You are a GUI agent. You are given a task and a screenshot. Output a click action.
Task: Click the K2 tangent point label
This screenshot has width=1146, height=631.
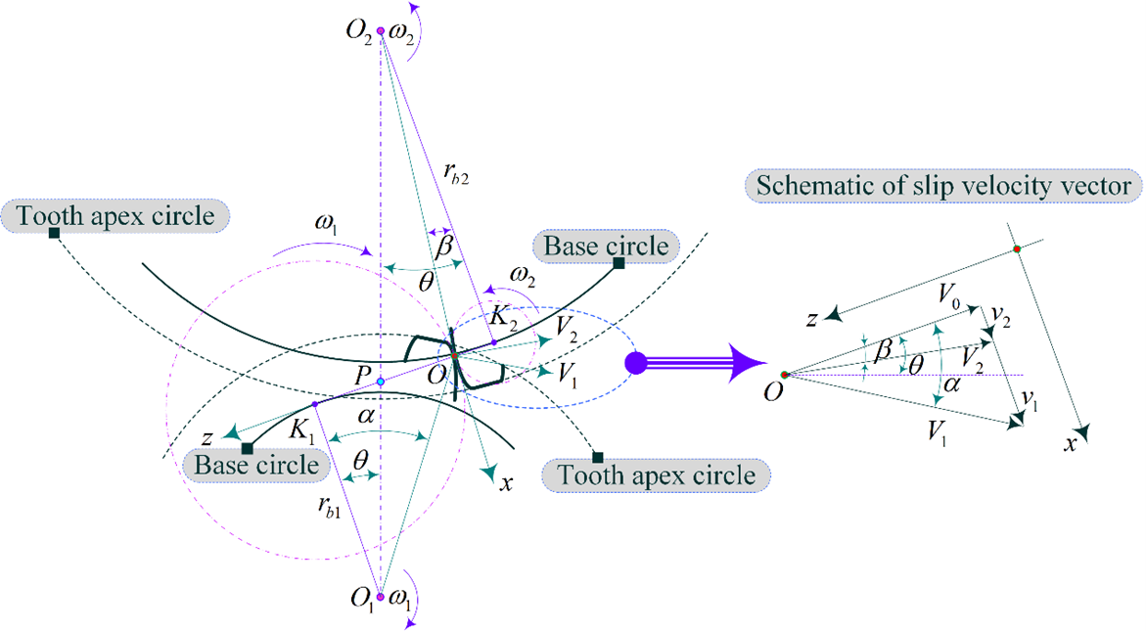(504, 318)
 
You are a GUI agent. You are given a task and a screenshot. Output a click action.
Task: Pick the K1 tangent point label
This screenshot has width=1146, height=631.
(300, 426)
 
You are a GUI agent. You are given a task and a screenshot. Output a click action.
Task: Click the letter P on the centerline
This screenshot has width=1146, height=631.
(363, 379)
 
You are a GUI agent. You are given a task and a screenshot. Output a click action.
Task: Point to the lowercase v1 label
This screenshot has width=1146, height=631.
(1028, 399)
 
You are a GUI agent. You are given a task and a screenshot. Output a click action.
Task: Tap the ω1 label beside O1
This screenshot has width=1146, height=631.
(401, 597)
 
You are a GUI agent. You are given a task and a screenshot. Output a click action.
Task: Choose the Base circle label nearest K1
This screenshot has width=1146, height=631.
(256, 464)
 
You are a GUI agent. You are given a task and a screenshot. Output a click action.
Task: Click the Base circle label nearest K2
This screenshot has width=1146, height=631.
(606, 246)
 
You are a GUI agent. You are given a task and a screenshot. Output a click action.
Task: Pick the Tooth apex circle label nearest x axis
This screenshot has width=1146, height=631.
(657, 476)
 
